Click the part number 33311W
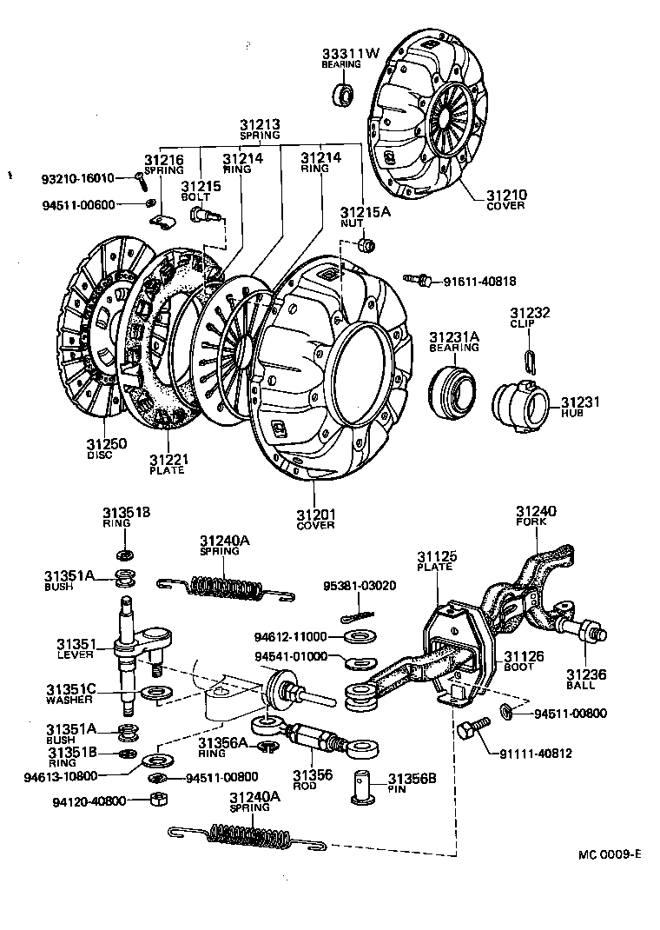tap(351, 53)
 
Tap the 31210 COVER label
tap(506, 200)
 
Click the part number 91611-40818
tap(479, 281)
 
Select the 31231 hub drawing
tap(521, 405)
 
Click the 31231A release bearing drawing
tap(455, 389)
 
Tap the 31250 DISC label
tap(106, 448)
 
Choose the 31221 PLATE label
tap(166, 464)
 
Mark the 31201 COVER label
tap(315, 519)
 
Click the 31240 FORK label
tap(536, 516)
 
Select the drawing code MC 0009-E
tap(609, 854)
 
